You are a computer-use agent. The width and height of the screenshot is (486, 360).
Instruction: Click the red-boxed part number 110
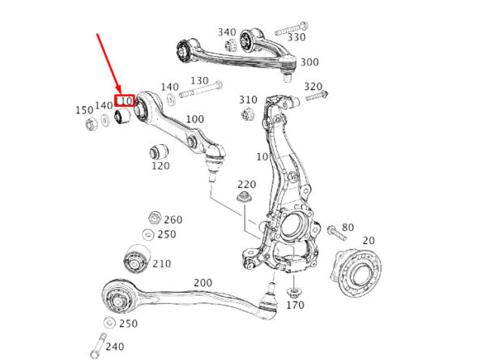pos(125,101)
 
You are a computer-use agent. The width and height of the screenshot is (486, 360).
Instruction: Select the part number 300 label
pos(309,62)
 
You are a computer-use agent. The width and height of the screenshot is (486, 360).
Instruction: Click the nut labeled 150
pos(91,124)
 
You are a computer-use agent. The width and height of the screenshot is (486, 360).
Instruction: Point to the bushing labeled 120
pos(159,151)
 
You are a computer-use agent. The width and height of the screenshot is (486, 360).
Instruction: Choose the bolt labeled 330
pos(291,28)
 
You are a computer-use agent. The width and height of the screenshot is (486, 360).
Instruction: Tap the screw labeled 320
pos(317,96)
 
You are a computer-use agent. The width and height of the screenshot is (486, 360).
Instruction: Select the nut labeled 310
pos(247,114)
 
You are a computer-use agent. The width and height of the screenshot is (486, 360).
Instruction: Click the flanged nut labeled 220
pos(244,197)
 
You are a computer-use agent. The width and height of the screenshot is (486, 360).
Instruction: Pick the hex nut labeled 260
pos(155,217)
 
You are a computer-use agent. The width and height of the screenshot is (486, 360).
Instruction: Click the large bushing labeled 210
pos(137,259)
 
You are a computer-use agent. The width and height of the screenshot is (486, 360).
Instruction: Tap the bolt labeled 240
pos(98,345)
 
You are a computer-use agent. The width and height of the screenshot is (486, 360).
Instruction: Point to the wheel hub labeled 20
pos(356,272)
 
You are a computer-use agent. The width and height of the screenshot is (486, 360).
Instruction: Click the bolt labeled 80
pos(337,233)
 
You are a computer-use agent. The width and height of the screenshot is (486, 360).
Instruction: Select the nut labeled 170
pos(293,293)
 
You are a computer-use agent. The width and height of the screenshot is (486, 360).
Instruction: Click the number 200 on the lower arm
pos(203,283)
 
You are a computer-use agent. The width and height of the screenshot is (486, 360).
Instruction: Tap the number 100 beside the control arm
pos(194,119)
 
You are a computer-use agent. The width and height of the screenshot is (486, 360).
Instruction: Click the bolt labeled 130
pos(201,88)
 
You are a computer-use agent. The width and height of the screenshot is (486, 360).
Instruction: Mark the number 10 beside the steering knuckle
pos(262,156)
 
